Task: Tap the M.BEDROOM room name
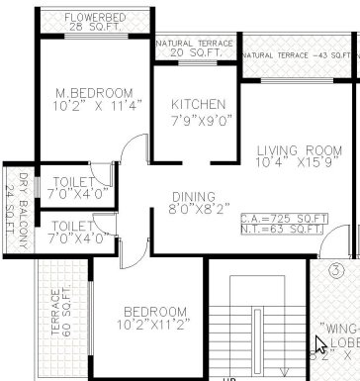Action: (87, 94)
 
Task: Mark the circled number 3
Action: (336, 269)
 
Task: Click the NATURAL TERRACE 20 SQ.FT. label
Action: (195, 49)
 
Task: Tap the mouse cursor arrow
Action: (320, 345)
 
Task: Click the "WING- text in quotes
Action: (338, 327)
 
